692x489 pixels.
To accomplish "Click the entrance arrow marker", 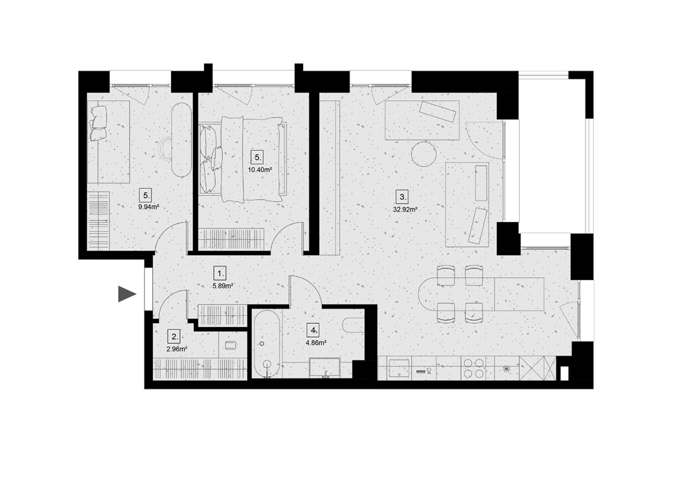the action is point(126,294).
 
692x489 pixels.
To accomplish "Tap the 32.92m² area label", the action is point(405,210).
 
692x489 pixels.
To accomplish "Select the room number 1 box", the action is point(220,273).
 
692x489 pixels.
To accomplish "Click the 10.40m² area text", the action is point(259,169).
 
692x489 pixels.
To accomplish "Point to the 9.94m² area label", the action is point(148,206).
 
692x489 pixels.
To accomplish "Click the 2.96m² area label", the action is point(177,349).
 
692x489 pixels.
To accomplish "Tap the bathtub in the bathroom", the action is point(266,344).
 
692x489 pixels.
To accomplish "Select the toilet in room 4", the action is point(354,324).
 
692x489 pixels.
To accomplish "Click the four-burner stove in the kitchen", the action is point(473,368).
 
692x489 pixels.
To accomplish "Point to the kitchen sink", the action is point(400,369).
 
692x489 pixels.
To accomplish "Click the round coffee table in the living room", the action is point(424,153).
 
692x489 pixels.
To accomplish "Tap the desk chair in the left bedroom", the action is point(165,149).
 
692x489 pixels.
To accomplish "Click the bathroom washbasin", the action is point(325,368).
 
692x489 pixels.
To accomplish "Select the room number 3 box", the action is point(402,196).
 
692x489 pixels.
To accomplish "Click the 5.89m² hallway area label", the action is point(223,286).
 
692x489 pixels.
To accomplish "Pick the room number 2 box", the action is point(174,337).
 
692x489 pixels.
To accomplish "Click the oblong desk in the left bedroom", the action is point(181,140).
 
